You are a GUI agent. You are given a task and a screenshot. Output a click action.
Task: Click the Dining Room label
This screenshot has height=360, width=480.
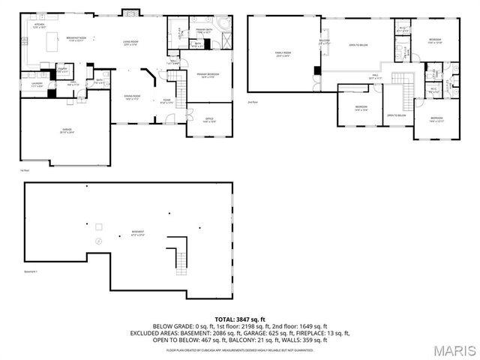point(132,97)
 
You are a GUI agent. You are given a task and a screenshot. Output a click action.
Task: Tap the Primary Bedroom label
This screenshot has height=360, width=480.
point(208,75)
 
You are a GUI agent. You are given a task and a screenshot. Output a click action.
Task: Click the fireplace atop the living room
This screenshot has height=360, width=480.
point(128,13)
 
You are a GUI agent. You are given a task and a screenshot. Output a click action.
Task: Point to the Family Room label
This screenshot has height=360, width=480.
point(282,52)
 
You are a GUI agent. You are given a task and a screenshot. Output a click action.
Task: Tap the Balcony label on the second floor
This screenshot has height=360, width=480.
point(325,42)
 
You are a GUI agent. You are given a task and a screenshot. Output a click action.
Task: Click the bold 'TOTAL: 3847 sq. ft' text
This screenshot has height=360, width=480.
point(240,319)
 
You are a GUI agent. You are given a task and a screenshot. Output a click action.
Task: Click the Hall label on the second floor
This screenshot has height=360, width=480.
point(375,76)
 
